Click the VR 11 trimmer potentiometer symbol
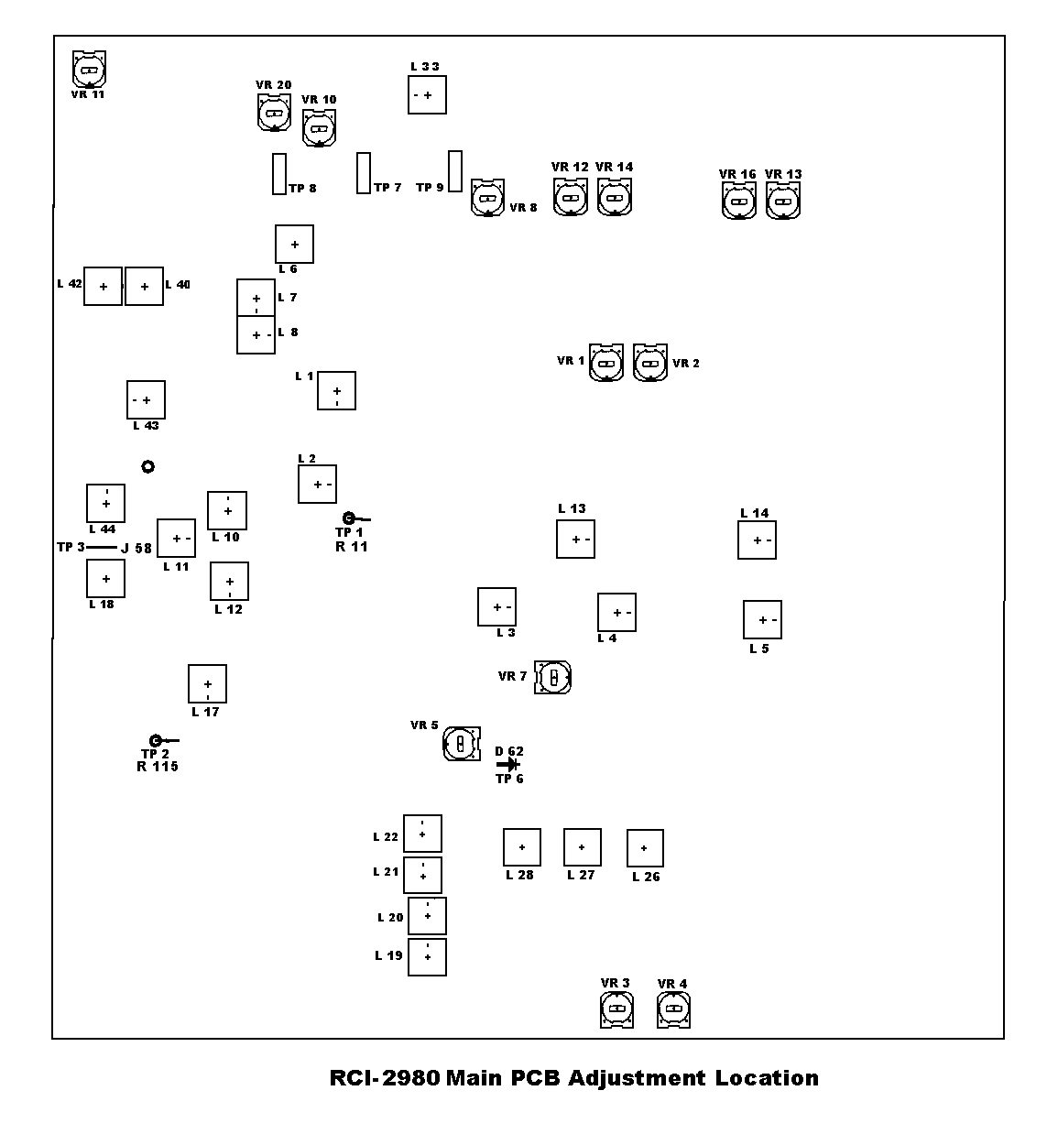tap(89, 69)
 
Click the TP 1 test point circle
tap(348, 518)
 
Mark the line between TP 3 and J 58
tap(102, 548)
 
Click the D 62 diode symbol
tap(508, 764)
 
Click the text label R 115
tap(158, 767)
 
